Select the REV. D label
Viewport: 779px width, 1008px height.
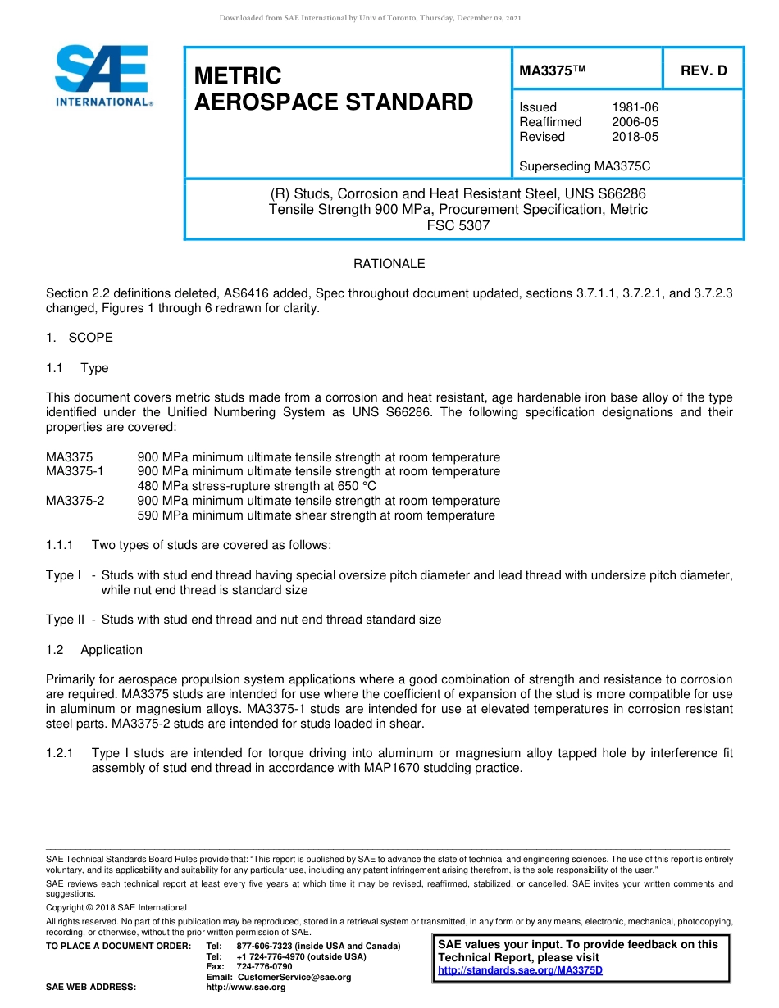tap(704, 70)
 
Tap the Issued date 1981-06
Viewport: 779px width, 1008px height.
tap(635, 107)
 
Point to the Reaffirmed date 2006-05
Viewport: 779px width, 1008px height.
tap(635, 122)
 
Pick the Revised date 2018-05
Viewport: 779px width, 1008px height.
tap(635, 137)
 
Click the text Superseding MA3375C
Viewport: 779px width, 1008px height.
tap(585, 166)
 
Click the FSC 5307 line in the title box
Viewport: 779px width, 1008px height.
tap(458, 225)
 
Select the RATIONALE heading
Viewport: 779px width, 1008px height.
tap(389, 264)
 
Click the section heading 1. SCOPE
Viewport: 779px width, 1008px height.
tap(80, 338)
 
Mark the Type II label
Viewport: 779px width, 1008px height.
tap(65, 620)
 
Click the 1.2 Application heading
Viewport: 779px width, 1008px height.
tap(94, 650)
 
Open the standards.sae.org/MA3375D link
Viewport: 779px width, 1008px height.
tap(520, 971)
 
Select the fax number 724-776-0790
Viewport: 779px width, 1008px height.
tap(264, 967)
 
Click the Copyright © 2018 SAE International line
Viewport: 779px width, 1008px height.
tap(116, 908)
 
